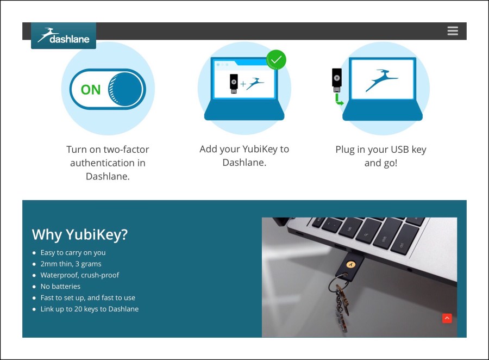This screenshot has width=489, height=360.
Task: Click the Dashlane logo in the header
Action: click(x=64, y=35)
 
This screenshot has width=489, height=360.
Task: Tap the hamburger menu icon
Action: click(x=453, y=31)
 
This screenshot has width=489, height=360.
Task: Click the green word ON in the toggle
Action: click(x=91, y=90)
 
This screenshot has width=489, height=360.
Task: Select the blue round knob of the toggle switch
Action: click(x=126, y=89)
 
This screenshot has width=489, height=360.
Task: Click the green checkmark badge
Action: click(x=276, y=60)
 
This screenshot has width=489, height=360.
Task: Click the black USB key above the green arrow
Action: click(x=336, y=80)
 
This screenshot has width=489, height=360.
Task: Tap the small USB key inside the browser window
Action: click(x=234, y=83)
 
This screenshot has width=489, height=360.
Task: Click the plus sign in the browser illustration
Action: click(x=243, y=84)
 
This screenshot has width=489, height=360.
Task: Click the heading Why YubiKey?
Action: click(x=80, y=234)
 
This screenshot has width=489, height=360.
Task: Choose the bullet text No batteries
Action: click(x=60, y=286)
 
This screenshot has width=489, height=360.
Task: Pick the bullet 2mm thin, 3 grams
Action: click(x=71, y=264)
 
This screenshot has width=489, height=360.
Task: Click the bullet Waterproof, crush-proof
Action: click(x=79, y=275)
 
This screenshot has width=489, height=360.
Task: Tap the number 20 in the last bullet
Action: click(x=78, y=309)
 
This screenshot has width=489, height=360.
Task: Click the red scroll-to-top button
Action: click(x=447, y=318)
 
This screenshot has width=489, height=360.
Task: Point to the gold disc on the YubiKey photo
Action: click(x=351, y=265)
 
